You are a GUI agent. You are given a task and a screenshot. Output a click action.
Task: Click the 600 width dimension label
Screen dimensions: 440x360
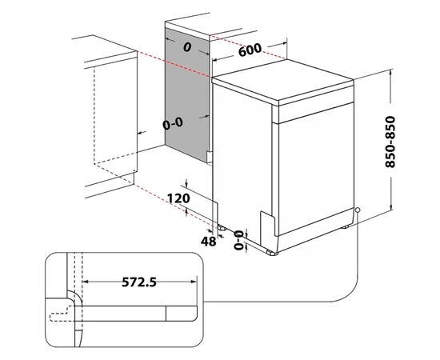pos(250,50)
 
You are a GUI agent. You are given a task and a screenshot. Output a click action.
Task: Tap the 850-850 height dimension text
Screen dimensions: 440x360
pos(390,142)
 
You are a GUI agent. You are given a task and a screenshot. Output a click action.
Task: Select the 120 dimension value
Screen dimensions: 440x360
pos(178,198)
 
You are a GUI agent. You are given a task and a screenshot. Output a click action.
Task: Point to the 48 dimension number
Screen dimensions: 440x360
pos(209,242)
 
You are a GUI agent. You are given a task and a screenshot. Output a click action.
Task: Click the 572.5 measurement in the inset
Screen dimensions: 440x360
pos(139,282)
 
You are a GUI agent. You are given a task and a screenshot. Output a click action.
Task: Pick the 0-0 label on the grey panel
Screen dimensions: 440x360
pos(173,123)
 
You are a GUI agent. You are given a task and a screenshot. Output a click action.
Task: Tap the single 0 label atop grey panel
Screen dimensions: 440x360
pos(187,48)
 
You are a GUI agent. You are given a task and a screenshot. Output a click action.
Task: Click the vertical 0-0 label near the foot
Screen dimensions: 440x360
pos(238,240)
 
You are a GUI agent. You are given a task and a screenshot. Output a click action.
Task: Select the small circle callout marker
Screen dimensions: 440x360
pos(358,210)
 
